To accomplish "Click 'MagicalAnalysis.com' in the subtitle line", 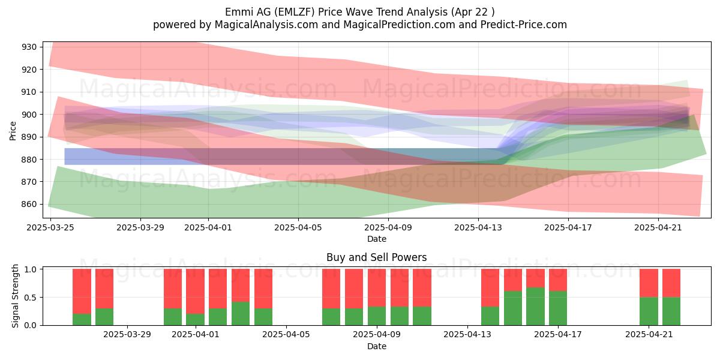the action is (x=266, y=25).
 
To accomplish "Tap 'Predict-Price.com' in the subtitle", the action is (x=524, y=25).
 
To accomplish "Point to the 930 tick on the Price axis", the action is (x=29, y=47).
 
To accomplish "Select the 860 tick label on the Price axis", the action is (x=29, y=204).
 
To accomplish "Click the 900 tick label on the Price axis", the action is (x=29, y=115).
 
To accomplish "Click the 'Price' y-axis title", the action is (x=13, y=131).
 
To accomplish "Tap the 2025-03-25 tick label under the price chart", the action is (x=50, y=227).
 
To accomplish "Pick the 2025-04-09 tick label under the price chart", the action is (x=388, y=227).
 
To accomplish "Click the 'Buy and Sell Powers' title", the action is (x=377, y=257).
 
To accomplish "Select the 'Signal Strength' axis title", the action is (x=15, y=296).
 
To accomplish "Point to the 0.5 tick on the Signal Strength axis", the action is (x=31, y=298).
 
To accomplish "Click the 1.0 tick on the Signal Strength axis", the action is (x=31, y=269).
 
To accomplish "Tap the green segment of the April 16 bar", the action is (x=535, y=307).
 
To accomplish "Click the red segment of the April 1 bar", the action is (x=195, y=291).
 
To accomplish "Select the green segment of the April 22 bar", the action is (x=671, y=311).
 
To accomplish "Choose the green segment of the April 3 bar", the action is (x=241, y=313).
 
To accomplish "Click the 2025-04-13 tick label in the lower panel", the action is (x=467, y=335).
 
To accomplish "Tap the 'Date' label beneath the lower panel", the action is (x=377, y=346).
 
